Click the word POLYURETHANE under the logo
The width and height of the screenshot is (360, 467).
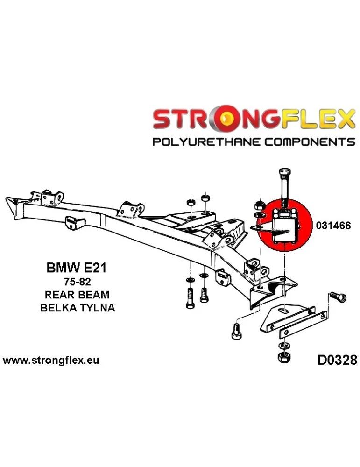click(213, 142)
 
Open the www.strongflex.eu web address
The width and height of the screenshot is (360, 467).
click(51, 361)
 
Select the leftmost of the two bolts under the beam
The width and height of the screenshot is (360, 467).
click(191, 297)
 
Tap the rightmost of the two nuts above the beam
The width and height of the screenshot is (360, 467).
click(205, 198)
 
